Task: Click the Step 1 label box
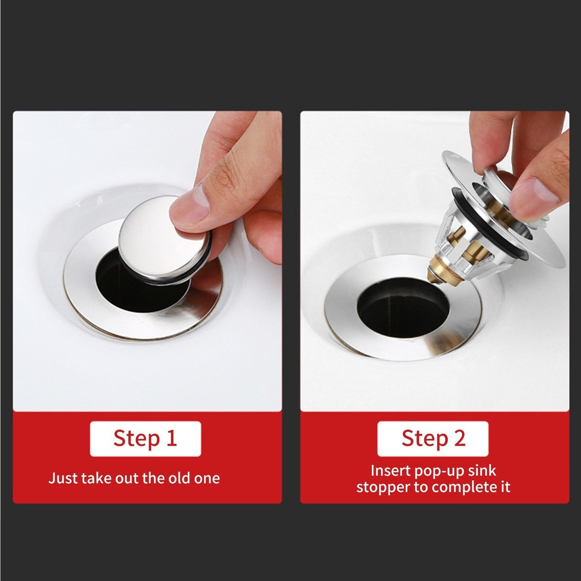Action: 145,438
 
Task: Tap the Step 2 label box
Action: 433,438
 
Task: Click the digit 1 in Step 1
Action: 171,438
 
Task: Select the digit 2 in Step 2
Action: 459,438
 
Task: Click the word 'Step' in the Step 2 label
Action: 424,439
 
